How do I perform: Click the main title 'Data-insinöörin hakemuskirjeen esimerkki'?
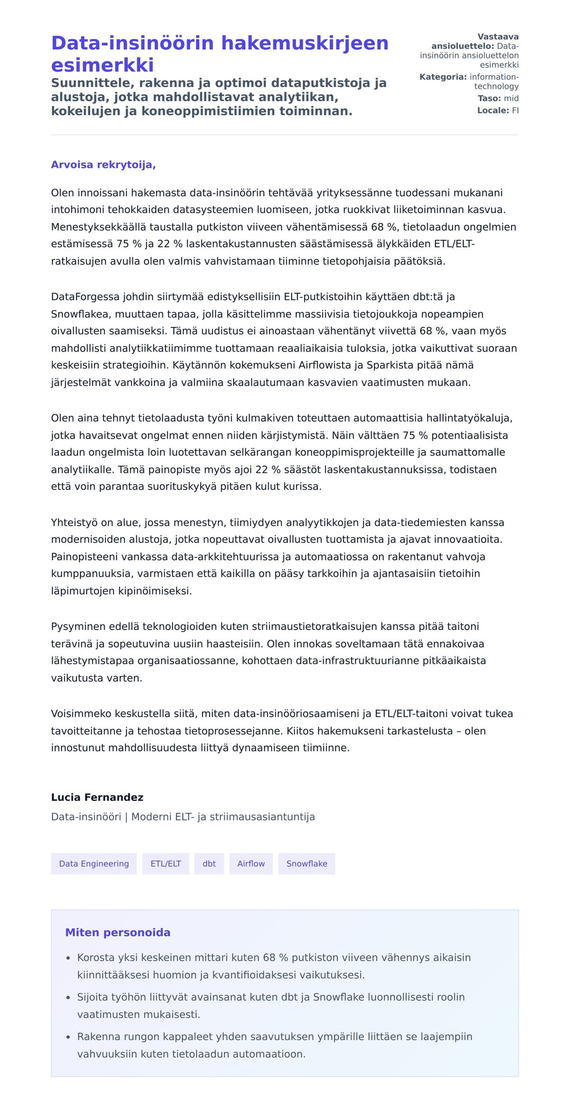pos(219,53)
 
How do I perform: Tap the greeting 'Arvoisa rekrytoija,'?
pos(103,165)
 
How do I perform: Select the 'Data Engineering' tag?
pos(94,864)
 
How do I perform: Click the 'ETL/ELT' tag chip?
pos(166,864)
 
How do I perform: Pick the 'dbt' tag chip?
pos(209,864)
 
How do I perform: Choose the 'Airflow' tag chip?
pos(251,864)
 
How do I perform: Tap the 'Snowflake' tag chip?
pos(306,864)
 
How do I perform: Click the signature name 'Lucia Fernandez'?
pos(97,797)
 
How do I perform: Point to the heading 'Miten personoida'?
pos(117,932)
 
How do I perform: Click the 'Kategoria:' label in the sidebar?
pos(443,77)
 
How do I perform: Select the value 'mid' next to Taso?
pos(511,98)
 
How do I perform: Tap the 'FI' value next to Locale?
pos(515,110)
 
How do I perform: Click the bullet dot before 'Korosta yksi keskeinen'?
pos(68,958)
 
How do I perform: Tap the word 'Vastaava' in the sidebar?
pos(498,37)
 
